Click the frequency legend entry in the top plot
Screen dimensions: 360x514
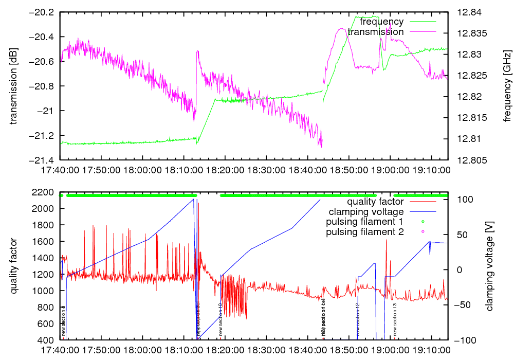pos(381,22)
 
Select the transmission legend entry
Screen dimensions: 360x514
pos(375,32)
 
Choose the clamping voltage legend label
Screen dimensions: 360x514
pos(366,211)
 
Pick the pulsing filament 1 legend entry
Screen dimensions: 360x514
pos(364,222)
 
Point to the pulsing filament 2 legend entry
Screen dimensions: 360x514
pos(364,232)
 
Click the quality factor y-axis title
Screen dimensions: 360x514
pos(14,266)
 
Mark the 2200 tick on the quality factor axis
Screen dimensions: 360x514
pos(45,192)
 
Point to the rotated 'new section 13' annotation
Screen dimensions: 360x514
pos(395,320)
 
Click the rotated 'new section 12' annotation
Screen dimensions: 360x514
pos(357,320)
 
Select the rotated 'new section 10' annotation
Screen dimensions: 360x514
pos(220,320)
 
